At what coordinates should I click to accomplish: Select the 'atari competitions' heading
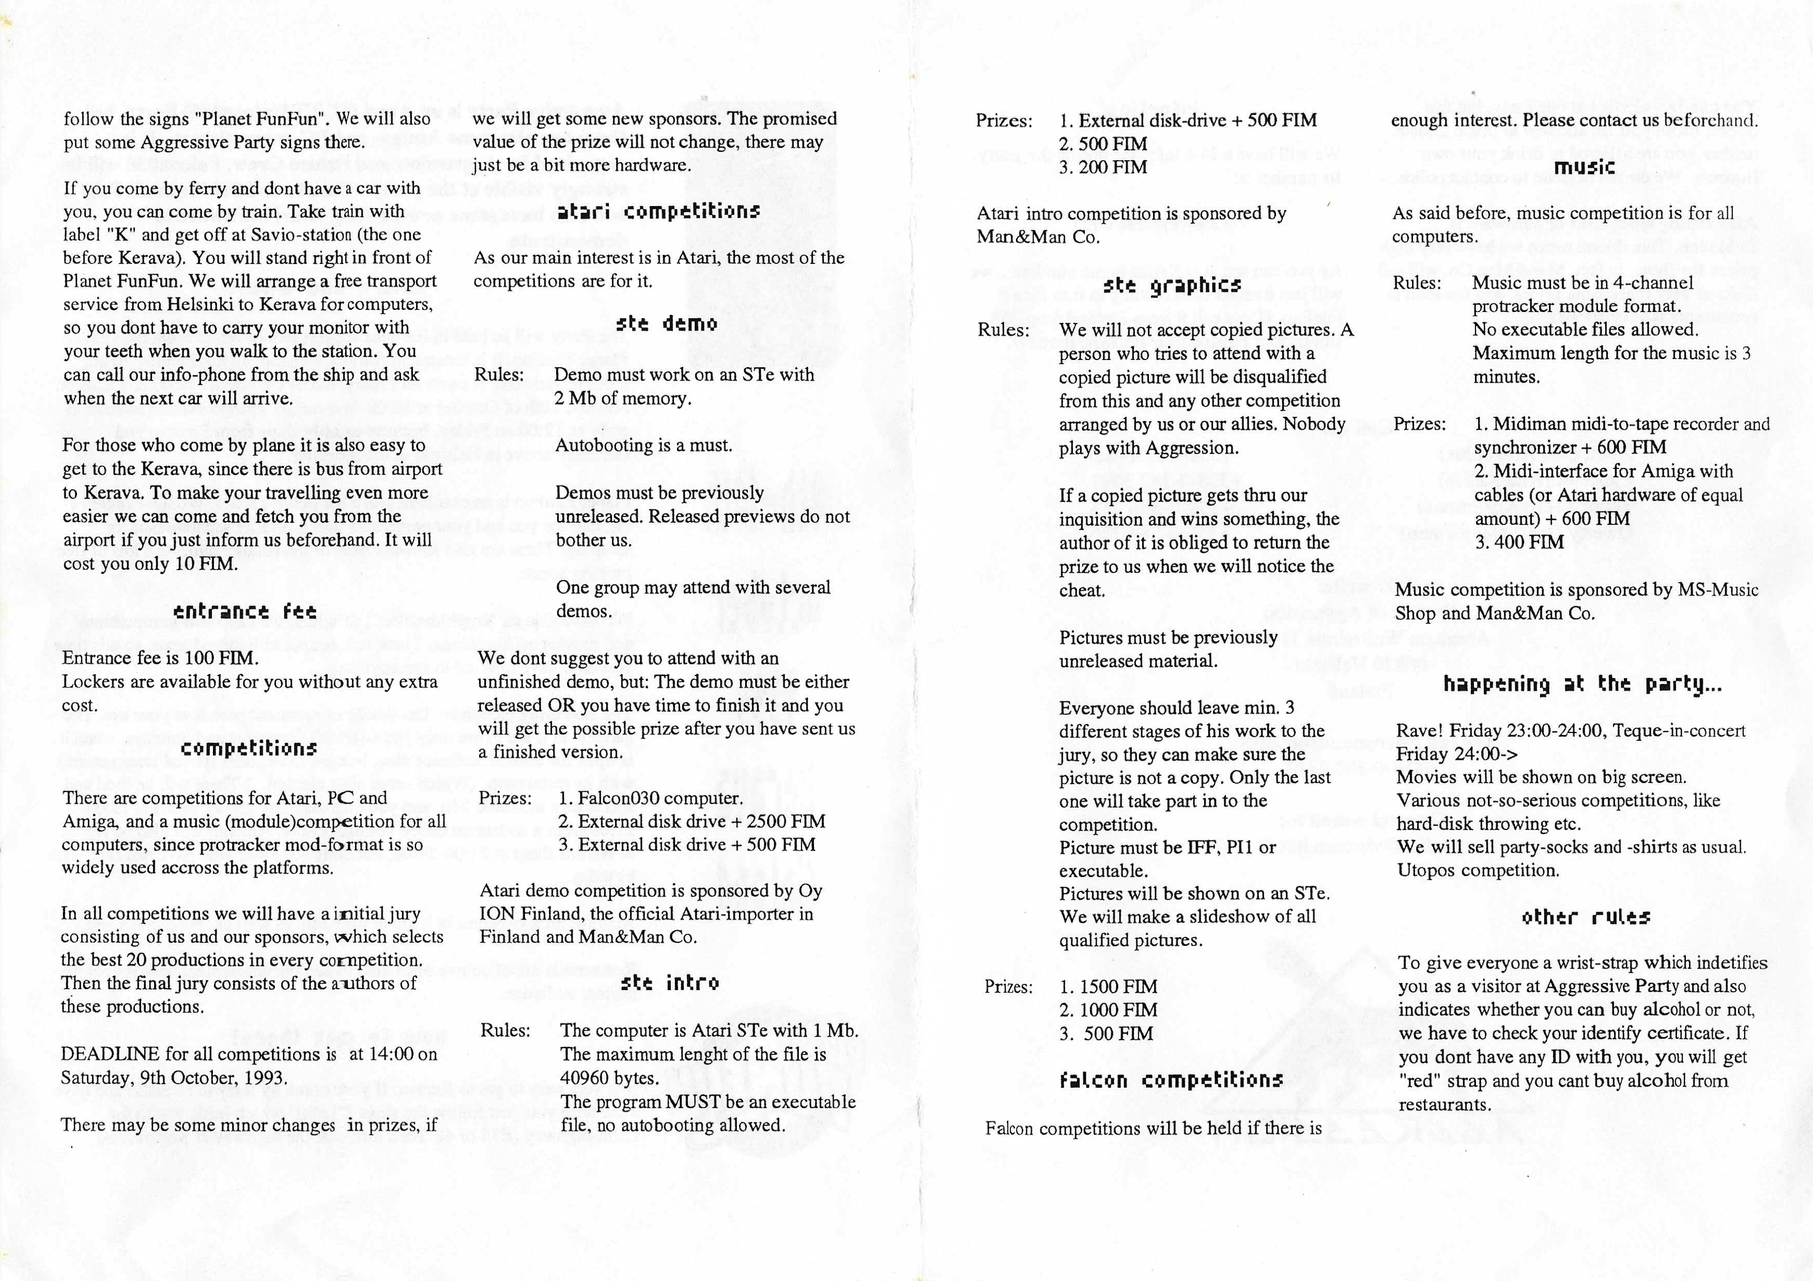pos(658,212)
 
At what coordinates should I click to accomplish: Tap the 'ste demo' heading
pos(666,323)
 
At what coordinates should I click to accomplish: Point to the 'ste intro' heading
pos(669,982)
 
